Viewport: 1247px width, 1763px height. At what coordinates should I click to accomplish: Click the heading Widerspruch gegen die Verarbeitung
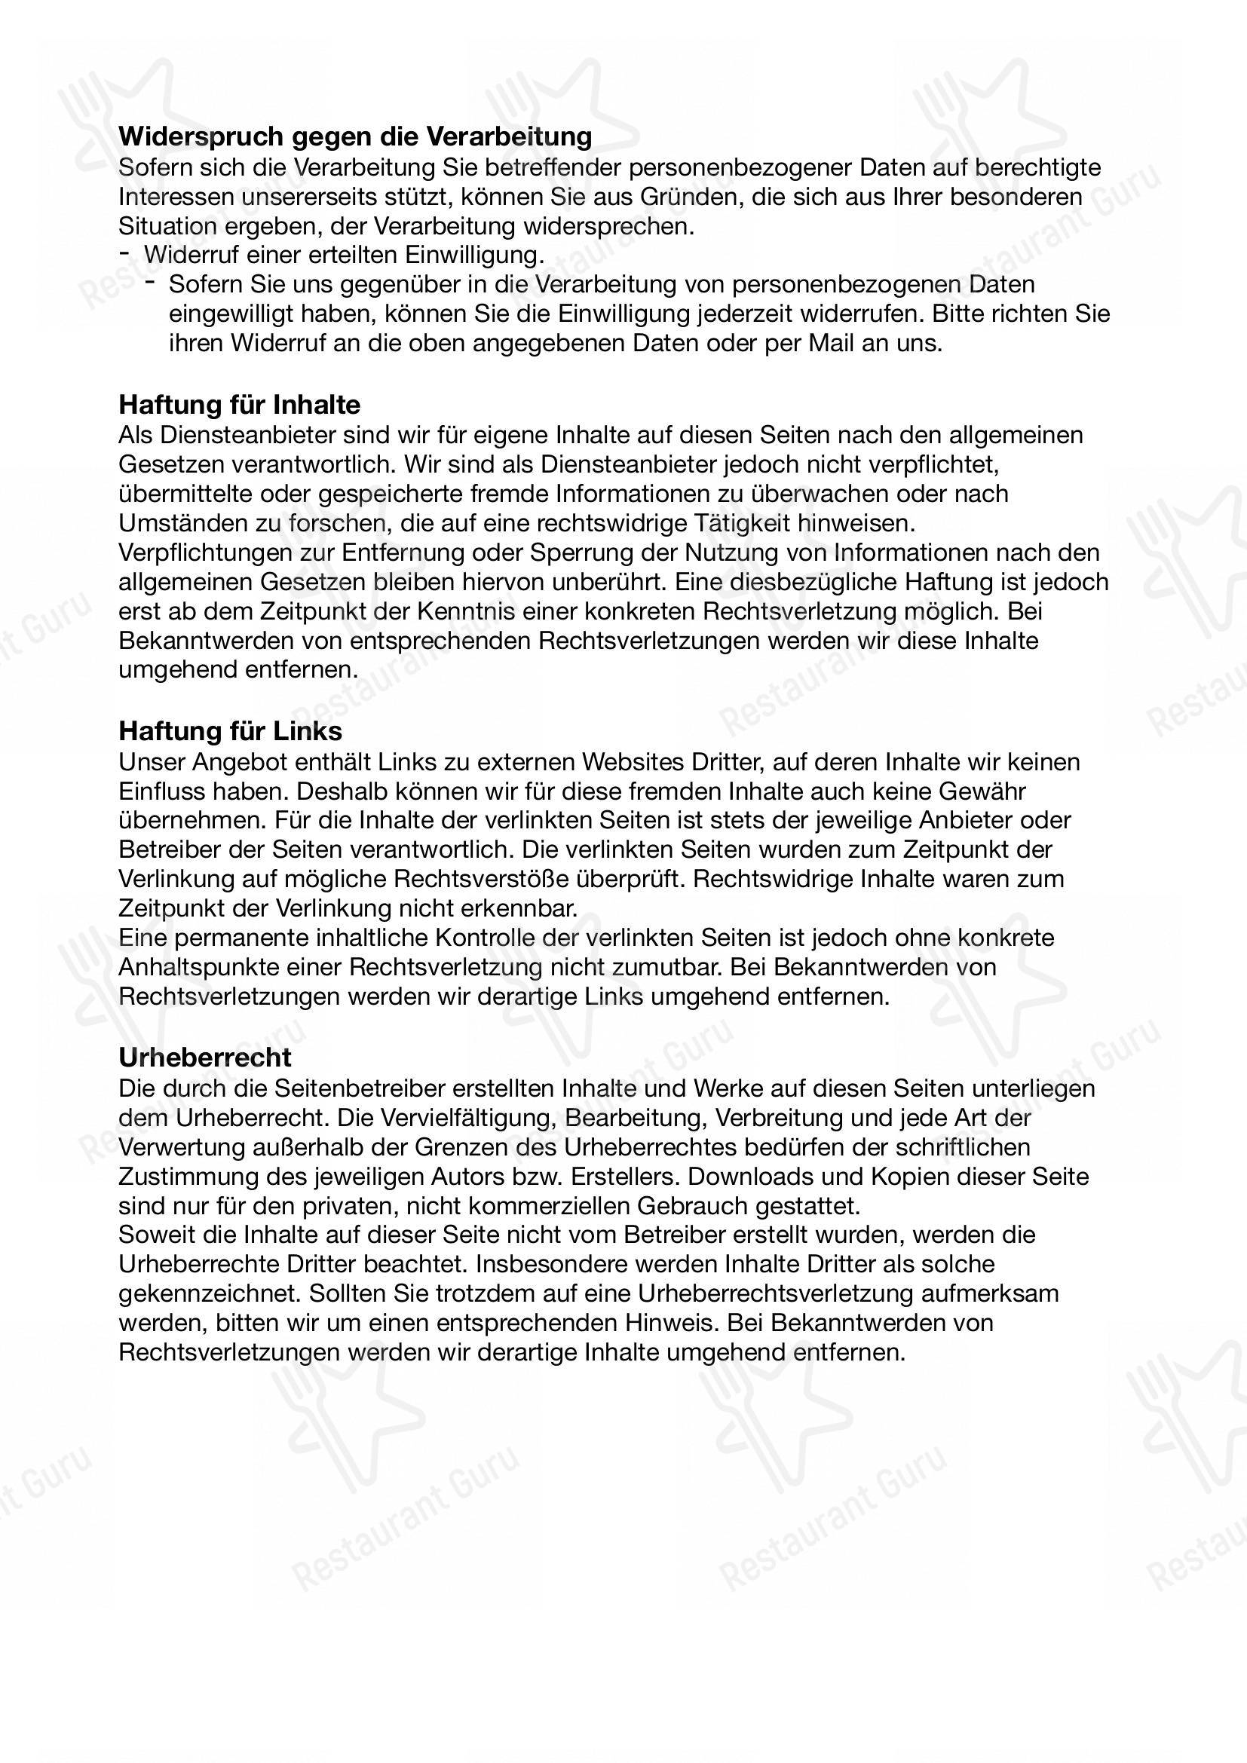pyautogui.click(x=355, y=136)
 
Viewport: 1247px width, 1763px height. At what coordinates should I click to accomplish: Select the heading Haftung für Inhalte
pyautogui.click(x=239, y=404)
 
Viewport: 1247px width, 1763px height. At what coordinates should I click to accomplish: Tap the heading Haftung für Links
pyautogui.click(x=231, y=730)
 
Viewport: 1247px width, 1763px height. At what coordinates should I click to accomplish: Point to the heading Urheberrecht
pyautogui.click(x=205, y=1057)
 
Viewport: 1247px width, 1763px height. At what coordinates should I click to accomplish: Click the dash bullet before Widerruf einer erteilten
pyautogui.click(x=125, y=253)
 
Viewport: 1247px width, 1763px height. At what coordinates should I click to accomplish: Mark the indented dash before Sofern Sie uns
pyautogui.click(x=152, y=283)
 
